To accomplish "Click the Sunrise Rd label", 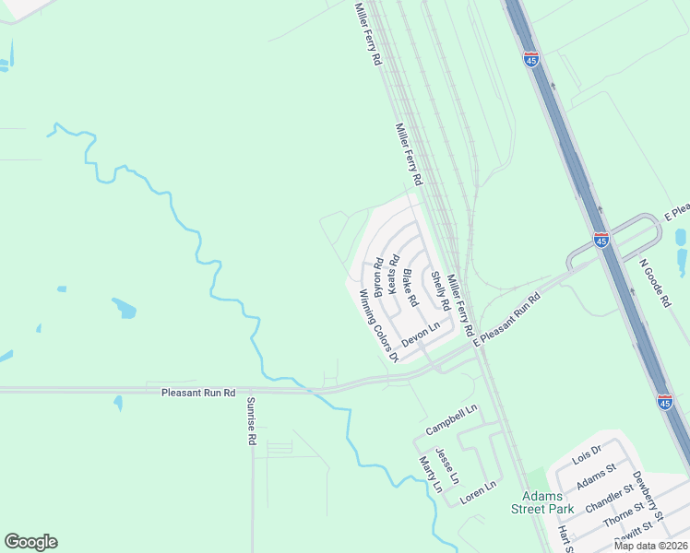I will (x=250, y=421).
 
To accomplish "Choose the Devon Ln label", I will (x=421, y=334).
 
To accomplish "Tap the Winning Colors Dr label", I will (x=377, y=325).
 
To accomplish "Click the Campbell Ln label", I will (x=451, y=419).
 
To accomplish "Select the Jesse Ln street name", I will (x=446, y=465).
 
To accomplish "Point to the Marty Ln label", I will (x=425, y=474).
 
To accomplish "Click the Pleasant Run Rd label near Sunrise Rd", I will (x=198, y=392).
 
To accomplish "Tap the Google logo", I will (x=30, y=542).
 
